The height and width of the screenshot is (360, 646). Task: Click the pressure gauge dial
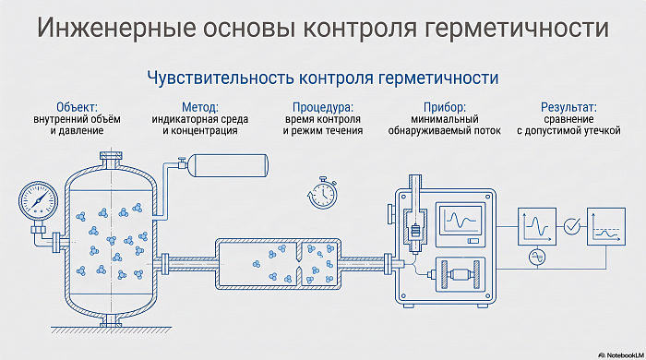click(39, 201)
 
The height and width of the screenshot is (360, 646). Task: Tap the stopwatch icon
click(323, 192)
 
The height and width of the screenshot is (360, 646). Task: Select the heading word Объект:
click(77, 107)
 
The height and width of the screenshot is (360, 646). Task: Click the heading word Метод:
click(200, 107)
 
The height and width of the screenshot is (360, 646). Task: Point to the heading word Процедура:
click(323, 107)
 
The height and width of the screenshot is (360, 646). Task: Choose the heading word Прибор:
click(445, 107)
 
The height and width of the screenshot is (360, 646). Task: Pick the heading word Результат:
click(568, 107)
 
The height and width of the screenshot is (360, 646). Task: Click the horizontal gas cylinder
click(231, 165)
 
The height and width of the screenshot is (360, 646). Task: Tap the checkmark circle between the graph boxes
click(572, 226)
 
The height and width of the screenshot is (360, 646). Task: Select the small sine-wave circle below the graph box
click(537, 258)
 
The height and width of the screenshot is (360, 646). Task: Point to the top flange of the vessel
click(111, 157)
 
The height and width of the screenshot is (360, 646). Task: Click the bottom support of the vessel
click(111, 320)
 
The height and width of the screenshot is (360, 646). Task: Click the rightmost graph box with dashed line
click(606, 227)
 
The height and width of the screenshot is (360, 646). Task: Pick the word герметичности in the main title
click(516, 28)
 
